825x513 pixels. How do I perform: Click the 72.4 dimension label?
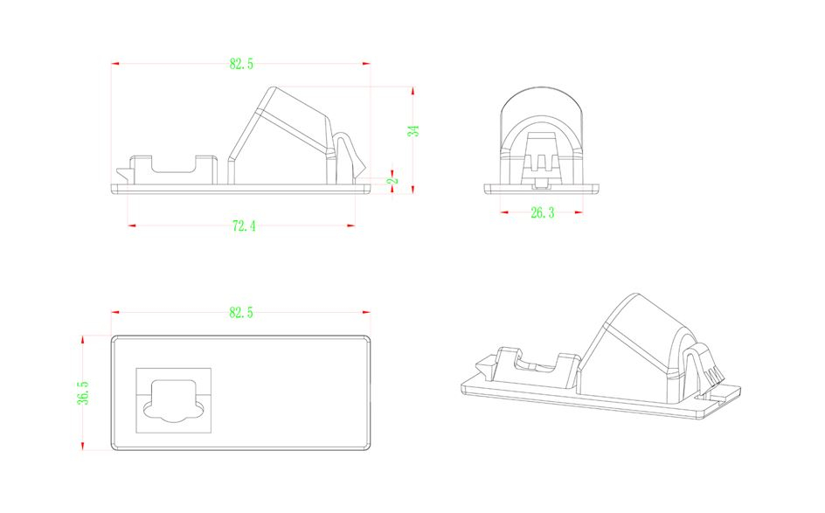[244, 226]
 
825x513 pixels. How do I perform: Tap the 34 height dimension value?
[413, 130]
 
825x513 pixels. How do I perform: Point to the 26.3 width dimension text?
[542, 212]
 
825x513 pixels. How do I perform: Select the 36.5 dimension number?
[83, 393]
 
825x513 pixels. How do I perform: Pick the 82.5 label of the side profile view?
[241, 64]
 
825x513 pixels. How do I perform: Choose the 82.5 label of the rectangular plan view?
[241, 313]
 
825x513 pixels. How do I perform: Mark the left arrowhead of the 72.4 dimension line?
[132, 226]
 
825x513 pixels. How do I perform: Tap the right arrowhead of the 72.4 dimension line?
[351, 226]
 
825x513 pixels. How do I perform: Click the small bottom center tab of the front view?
[542, 184]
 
